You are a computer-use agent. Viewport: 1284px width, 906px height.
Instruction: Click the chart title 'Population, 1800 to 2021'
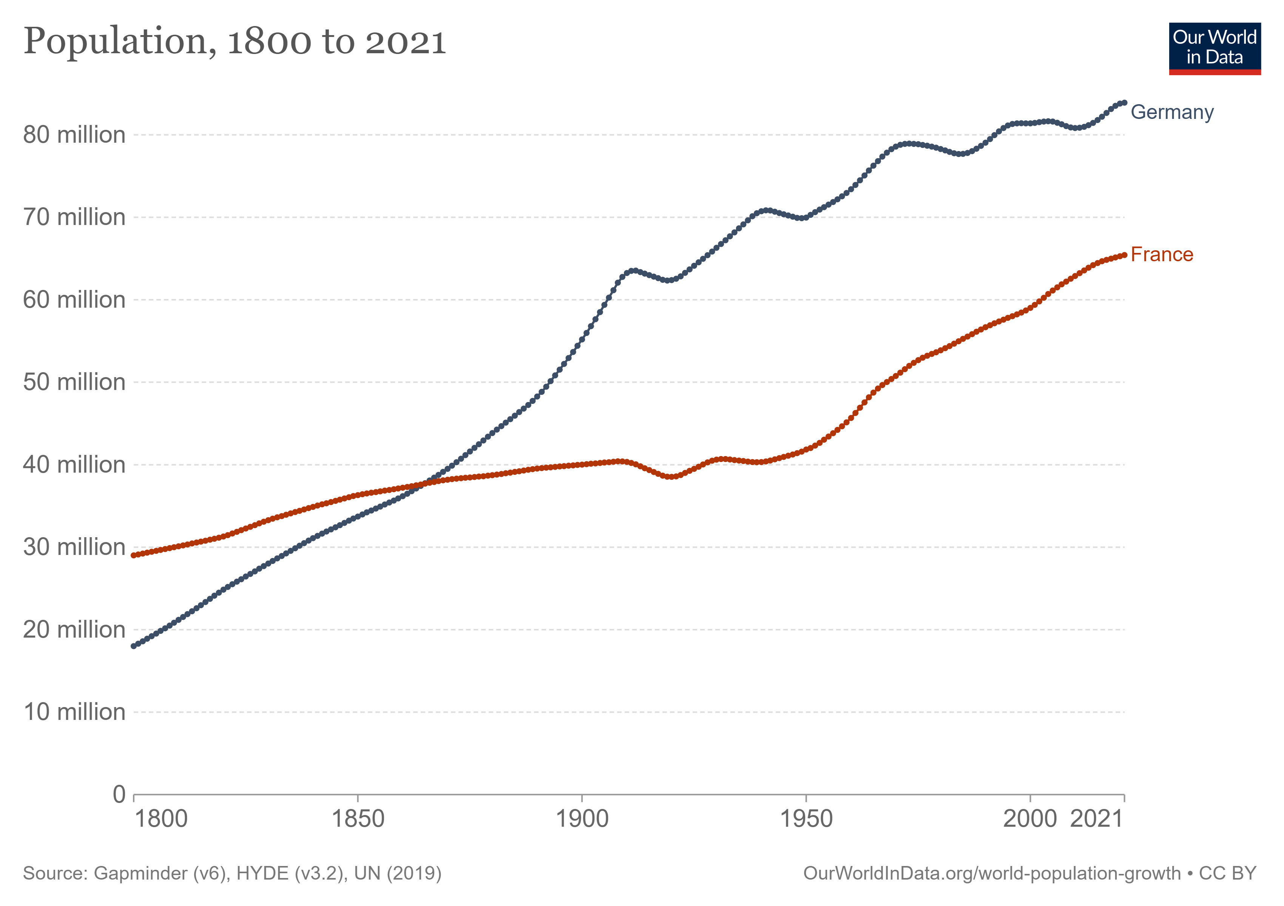(x=235, y=42)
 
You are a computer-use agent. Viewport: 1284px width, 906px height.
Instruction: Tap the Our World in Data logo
(x=1215, y=49)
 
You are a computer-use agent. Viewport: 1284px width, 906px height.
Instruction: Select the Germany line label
(x=1172, y=112)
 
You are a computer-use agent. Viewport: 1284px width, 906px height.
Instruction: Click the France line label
(x=1162, y=254)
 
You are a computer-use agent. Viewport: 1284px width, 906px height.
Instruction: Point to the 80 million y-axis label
(x=74, y=135)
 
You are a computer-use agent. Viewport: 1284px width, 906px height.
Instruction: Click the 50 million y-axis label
(x=74, y=382)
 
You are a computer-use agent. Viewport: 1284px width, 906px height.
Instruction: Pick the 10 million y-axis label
(x=74, y=712)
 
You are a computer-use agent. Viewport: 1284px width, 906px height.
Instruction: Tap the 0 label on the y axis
(x=119, y=794)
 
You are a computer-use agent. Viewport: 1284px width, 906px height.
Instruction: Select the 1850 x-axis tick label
(x=358, y=820)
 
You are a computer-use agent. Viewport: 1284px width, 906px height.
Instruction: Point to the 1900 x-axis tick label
(x=582, y=820)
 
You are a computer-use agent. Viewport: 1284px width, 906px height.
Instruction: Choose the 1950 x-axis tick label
(x=806, y=820)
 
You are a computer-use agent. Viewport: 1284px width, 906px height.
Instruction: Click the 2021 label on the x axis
(x=1097, y=820)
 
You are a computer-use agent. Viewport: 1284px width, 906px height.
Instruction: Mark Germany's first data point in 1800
(x=134, y=646)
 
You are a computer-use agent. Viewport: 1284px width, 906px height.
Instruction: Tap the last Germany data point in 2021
(x=1124, y=103)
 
